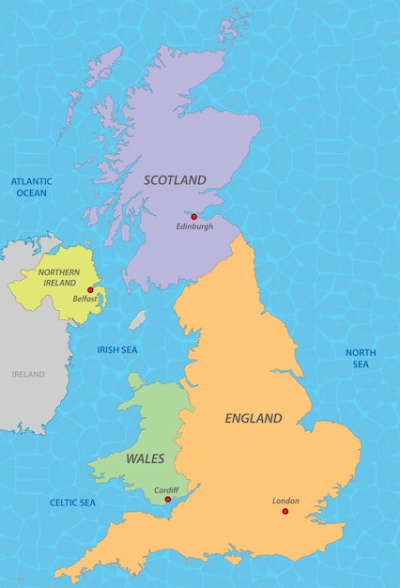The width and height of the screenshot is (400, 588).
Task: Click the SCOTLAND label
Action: pos(175,179)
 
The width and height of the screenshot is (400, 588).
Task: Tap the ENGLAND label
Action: pos(254,418)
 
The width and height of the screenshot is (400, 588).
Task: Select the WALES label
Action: pos(145,459)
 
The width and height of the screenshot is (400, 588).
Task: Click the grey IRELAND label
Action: pos(28,374)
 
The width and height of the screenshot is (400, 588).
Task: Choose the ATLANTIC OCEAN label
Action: pos(32,187)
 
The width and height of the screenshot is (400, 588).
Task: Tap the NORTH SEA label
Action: pos(361,358)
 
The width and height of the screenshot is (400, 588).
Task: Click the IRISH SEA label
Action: pos(117,349)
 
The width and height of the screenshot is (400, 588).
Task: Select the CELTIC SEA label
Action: pos(73,503)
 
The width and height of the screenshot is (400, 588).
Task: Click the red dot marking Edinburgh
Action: pos(194,217)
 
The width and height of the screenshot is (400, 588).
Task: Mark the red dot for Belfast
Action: pos(90,290)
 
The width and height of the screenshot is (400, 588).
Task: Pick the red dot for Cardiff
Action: pos(168,500)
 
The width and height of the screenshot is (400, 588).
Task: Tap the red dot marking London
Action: pos(285,512)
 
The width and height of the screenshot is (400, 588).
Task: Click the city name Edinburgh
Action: pos(194,227)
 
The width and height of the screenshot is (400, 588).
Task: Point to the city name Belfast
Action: pos(85,300)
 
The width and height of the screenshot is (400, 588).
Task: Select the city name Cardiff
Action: pos(166,489)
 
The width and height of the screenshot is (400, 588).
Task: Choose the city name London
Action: pos(285,501)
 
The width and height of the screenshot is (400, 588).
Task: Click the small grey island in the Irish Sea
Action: pos(138,320)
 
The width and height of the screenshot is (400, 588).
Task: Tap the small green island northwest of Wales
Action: pos(135,380)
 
